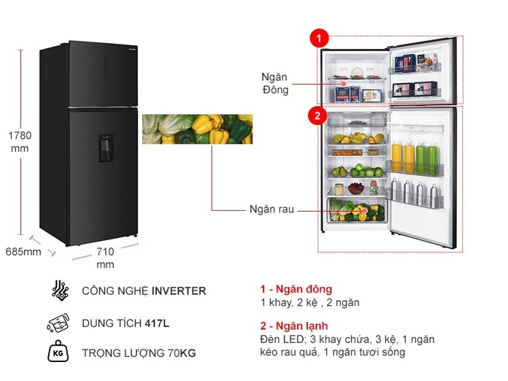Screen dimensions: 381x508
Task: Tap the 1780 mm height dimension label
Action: (x=19, y=140)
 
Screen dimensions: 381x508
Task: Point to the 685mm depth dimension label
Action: (x=23, y=252)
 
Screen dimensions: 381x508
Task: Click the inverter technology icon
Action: (x=60, y=290)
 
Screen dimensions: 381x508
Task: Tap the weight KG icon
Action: (x=59, y=353)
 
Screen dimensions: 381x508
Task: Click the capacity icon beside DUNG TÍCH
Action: (x=59, y=322)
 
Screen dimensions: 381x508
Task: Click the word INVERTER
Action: (x=179, y=290)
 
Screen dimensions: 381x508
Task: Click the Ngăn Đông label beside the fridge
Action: (x=275, y=82)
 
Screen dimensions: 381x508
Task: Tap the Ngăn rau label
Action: (x=271, y=209)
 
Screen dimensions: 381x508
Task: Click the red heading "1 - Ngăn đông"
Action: (x=296, y=289)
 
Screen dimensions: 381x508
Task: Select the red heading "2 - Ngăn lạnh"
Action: (x=294, y=326)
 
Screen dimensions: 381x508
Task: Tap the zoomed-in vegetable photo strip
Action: (x=196, y=128)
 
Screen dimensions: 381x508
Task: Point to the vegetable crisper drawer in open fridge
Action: (x=357, y=210)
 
